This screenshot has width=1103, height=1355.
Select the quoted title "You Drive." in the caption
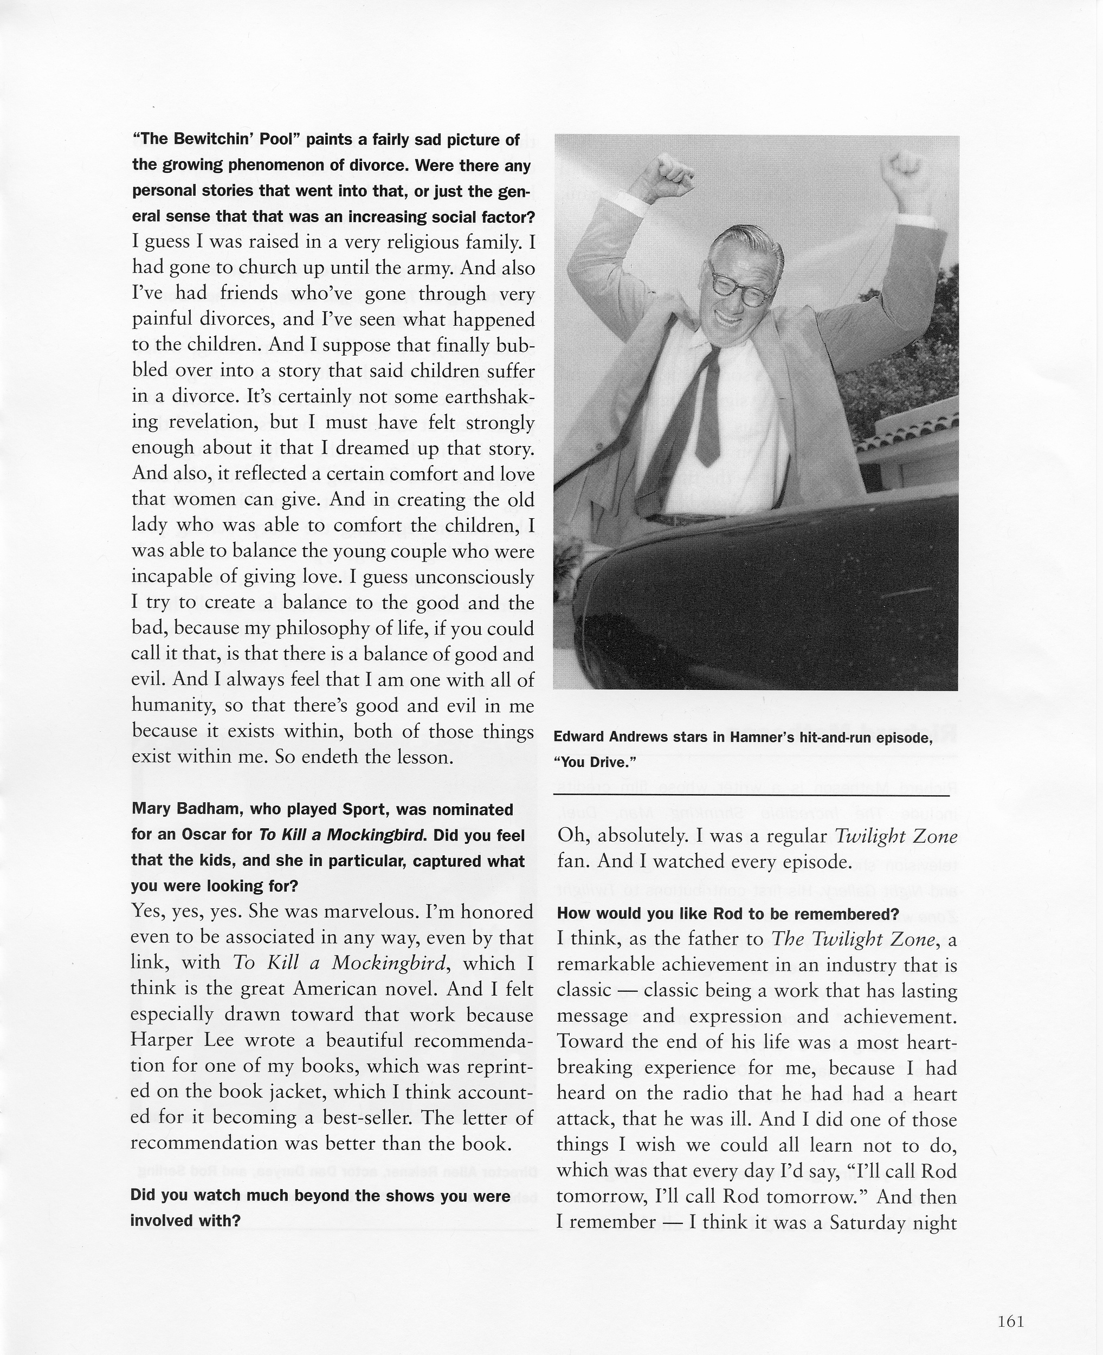pos(595,762)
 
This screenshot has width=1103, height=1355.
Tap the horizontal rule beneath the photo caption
pos(751,795)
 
